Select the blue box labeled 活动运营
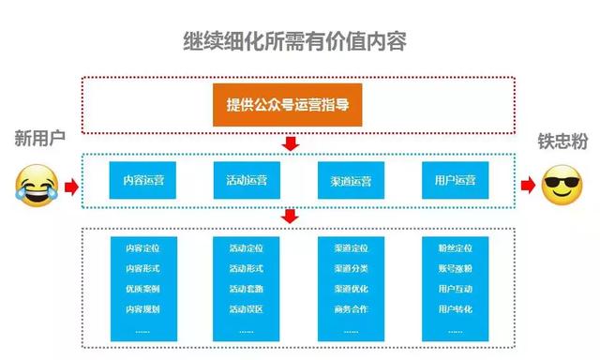click(x=246, y=180)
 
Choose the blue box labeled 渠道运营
click(x=351, y=180)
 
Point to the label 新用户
click(x=37, y=139)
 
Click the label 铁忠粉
click(x=562, y=141)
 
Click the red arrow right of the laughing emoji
click(x=71, y=186)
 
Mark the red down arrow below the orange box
click(x=291, y=142)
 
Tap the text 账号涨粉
click(x=455, y=268)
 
